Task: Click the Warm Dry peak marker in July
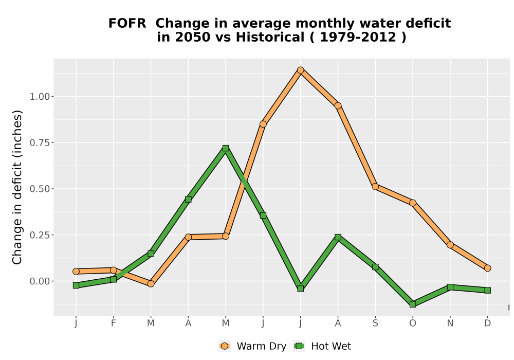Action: [x=300, y=70]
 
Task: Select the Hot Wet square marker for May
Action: [x=226, y=148]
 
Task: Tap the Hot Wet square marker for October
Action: [x=413, y=304]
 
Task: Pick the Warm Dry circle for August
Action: [x=338, y=105]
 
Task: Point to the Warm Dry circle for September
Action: [x=375, y=187]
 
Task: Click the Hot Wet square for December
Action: [x=487, y=290]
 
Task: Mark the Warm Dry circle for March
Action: [x=151, y=283]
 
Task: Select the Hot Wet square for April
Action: [x=188, y=200]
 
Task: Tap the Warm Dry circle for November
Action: [x=450, y=245]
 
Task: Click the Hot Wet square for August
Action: [x=338, y=237]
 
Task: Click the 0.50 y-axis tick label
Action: [x=40, y=189]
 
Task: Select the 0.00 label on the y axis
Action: [x=40, y=281]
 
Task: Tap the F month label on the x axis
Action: [x=114, y=323]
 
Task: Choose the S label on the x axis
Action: [x=375, y=323]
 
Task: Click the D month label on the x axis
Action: [x=487, y=323]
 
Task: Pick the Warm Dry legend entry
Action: [x=253, y=346]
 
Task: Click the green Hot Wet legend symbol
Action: [x=299, y=346]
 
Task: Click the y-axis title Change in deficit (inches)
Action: [x=17, y=187]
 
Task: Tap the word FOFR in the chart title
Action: [x=127, y=24]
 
